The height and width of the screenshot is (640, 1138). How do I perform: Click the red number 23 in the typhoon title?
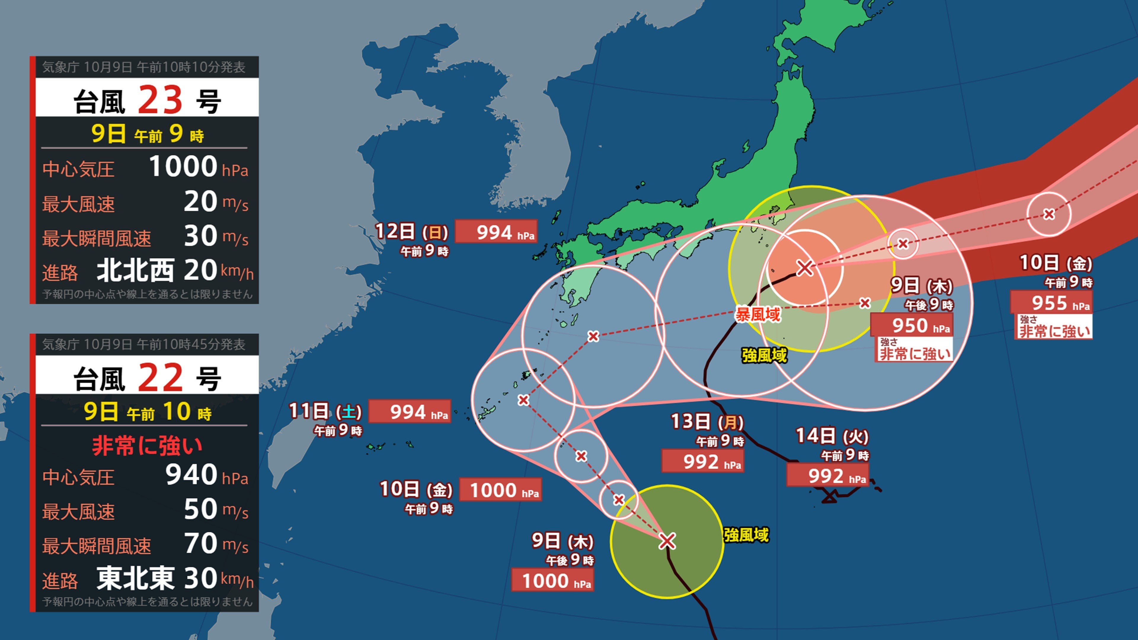(160, 99)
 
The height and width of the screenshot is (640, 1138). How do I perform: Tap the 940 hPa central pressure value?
(191, 475)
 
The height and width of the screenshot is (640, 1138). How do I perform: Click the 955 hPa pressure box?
(1051, 303)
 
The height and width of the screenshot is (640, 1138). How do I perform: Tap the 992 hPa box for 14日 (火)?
(827, 476)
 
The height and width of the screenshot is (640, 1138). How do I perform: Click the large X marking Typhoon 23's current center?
(667, 541)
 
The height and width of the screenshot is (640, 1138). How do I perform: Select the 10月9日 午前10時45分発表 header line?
(143, 345)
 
